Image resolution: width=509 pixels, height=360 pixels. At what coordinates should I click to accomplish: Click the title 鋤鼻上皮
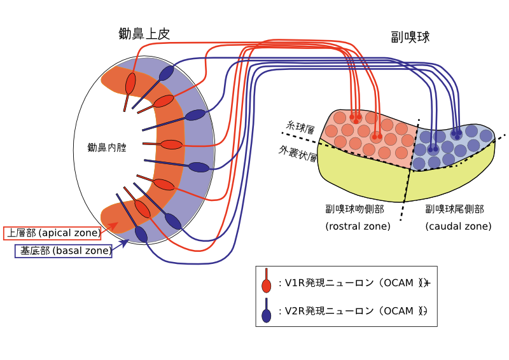coord(144,34)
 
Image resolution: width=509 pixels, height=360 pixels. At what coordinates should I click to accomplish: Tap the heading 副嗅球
coord(410,37)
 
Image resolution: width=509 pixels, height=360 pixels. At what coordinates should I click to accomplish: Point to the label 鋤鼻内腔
coord(107,148)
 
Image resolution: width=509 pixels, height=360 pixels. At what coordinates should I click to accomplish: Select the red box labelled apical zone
coord(53,233)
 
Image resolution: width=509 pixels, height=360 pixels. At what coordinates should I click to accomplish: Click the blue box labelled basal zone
coord(63,251)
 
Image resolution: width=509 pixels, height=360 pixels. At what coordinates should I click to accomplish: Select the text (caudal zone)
coord(458,226)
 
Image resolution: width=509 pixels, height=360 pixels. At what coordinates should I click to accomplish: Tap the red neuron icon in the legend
coord(267,284)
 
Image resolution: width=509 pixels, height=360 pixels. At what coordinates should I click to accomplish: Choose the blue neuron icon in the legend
coord(267,313)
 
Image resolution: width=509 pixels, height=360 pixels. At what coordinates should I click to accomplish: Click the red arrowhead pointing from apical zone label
coord(114,225)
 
